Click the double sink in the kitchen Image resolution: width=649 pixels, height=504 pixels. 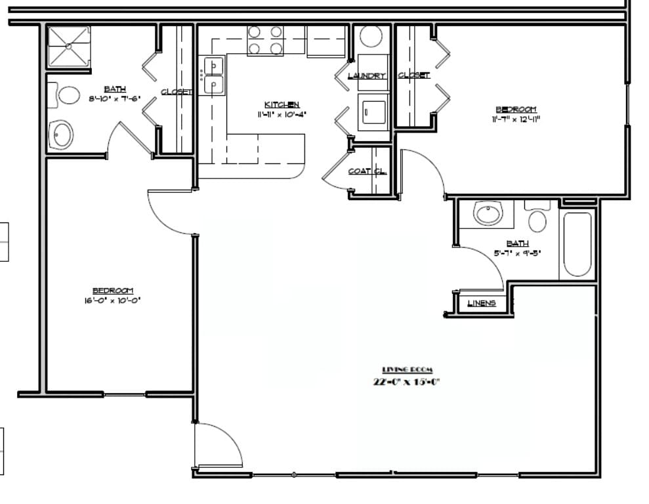point(213,75)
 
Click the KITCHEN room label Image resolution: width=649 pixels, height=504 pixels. point(282,105)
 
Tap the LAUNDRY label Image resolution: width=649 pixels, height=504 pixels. point(366,76)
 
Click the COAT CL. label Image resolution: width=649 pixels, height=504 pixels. point(367,171)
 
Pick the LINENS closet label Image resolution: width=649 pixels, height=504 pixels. point(482,303)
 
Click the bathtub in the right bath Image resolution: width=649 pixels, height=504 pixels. point(577,244)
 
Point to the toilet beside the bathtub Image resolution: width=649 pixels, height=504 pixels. point(537,217)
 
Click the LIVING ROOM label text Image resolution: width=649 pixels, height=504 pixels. point(408,370)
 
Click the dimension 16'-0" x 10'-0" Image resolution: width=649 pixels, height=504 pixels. point(113,301)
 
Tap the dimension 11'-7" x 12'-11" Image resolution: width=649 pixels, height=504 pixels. point(515,119)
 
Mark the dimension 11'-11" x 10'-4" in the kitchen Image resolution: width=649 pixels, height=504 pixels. point(282,114)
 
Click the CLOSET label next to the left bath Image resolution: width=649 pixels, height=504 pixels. point(177,92)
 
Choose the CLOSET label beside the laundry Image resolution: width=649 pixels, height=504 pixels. point(414,75)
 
